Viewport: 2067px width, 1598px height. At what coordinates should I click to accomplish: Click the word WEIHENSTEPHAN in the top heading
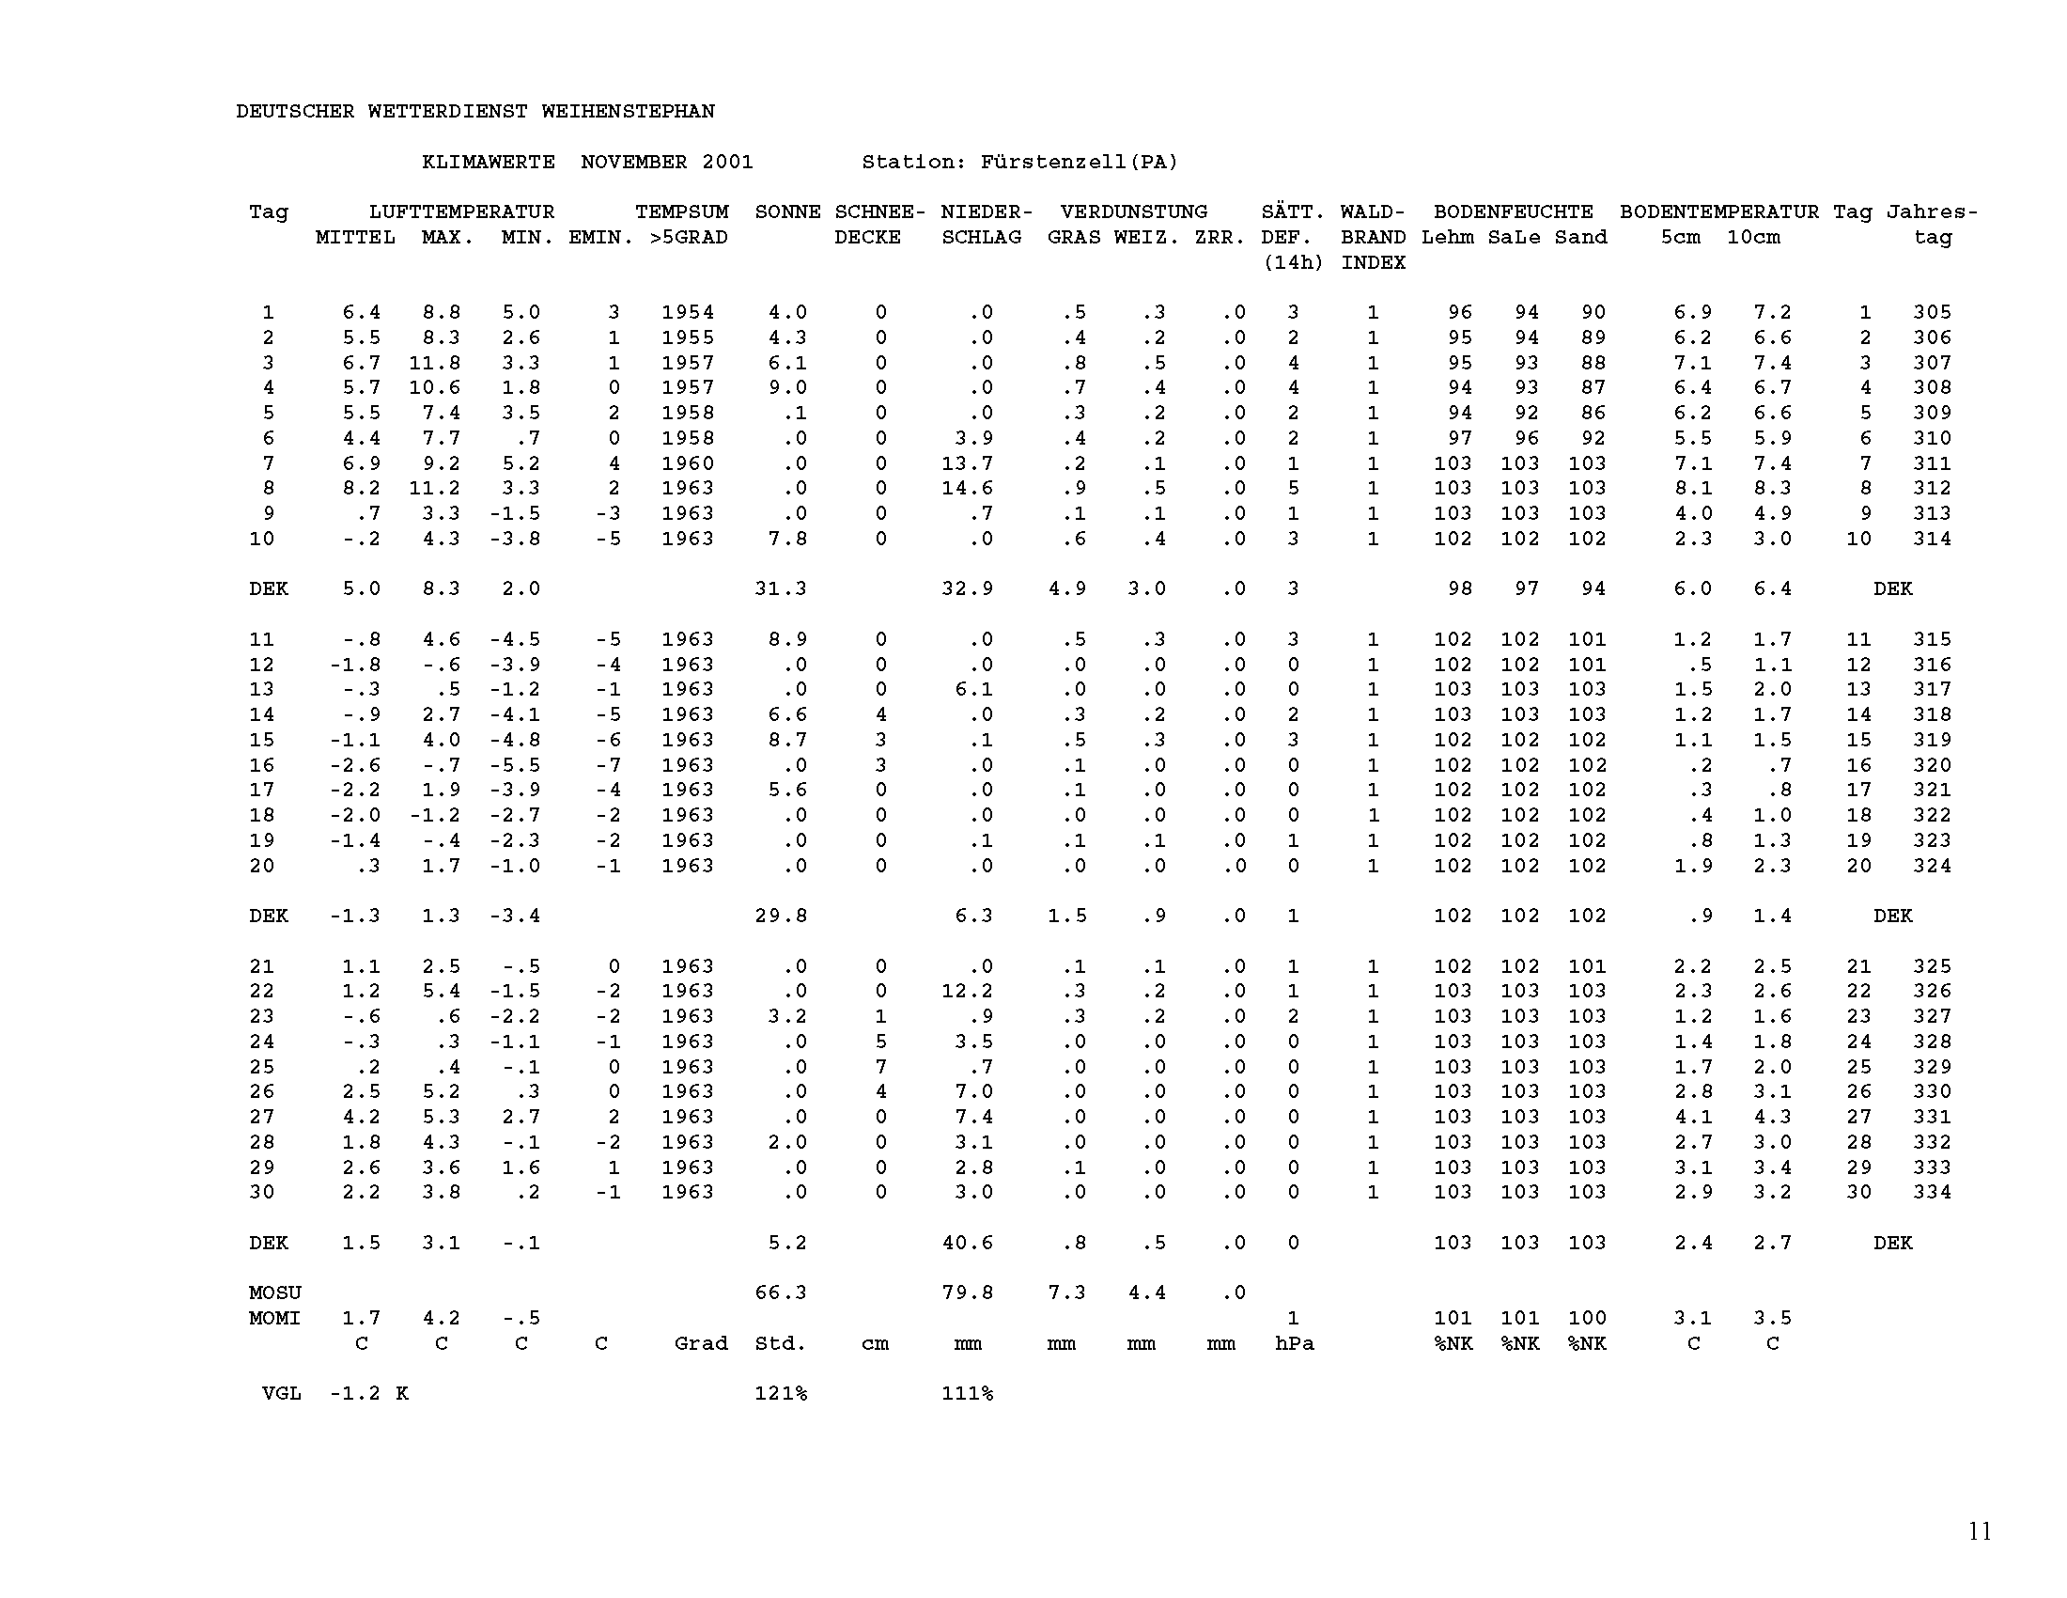point(628,112)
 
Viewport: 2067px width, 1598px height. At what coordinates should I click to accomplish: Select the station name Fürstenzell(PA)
point(1079,162)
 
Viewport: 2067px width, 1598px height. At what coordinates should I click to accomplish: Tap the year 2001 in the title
point(727,162)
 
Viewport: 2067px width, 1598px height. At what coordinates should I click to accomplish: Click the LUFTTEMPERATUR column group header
point(461,212)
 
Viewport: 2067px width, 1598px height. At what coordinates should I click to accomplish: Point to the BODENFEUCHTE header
point(1513,212)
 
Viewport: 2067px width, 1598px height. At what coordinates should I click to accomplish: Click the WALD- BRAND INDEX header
point(1373,237)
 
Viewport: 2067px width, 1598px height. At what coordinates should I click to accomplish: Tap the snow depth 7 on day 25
point(880,1067)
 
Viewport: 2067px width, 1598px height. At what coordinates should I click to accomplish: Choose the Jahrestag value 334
point(1932,1192)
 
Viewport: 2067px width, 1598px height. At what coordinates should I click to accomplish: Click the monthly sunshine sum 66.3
point(781,1293)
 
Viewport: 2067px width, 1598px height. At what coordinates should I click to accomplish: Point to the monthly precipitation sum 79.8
point(966,1293)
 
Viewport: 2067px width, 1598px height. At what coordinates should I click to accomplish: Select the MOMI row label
point(274,1318)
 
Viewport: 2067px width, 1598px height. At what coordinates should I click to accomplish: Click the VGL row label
point(281,1393)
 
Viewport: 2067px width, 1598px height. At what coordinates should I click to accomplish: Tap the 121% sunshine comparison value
point(781,1393)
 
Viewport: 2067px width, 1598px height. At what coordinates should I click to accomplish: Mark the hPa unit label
point(1294,1343)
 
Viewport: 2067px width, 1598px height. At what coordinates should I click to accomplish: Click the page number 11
point(1980,1530)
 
